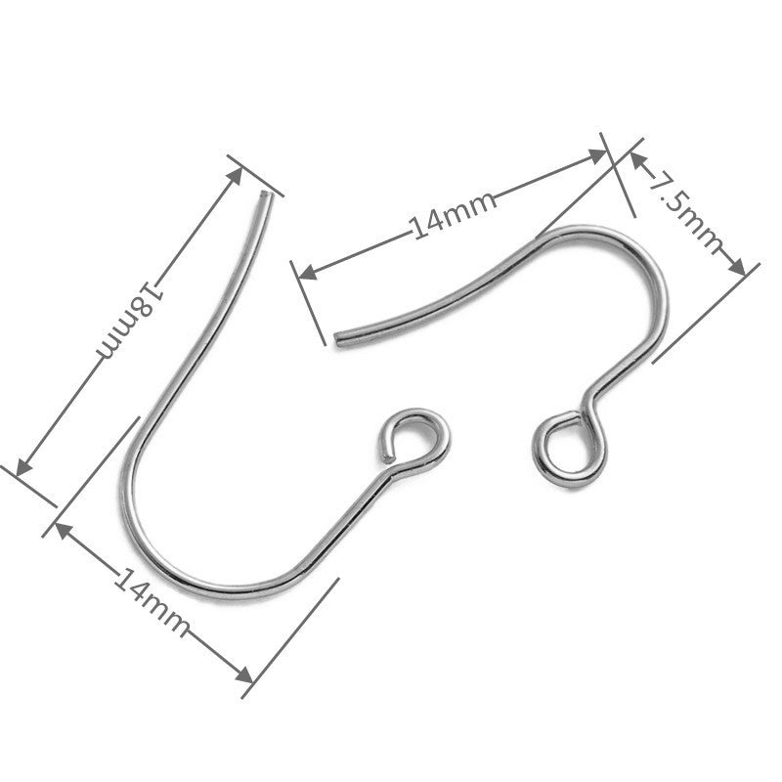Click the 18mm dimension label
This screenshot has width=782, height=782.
[x=131, y=321]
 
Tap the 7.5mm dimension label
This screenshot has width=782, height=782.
[x=686, y=211]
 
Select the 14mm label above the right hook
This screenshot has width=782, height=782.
[x=453, y=215]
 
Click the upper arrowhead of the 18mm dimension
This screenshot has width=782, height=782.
[x=235, y=176]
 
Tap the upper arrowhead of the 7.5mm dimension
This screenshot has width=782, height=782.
[x=637, y=160]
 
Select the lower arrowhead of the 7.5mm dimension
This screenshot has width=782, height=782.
[x=737, y=266]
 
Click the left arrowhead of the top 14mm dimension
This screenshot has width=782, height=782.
[x=308, y=273]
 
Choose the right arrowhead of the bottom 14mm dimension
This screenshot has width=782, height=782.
[x=244, y=675]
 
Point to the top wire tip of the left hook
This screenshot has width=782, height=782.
[x=266, y=195]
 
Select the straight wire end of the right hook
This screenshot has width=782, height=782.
[x=339, y=339]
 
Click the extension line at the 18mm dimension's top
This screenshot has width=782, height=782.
[x=255, y=176]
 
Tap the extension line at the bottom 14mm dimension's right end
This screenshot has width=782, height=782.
[x=290, y=638]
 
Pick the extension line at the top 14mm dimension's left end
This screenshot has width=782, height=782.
[x=308, y=303]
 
